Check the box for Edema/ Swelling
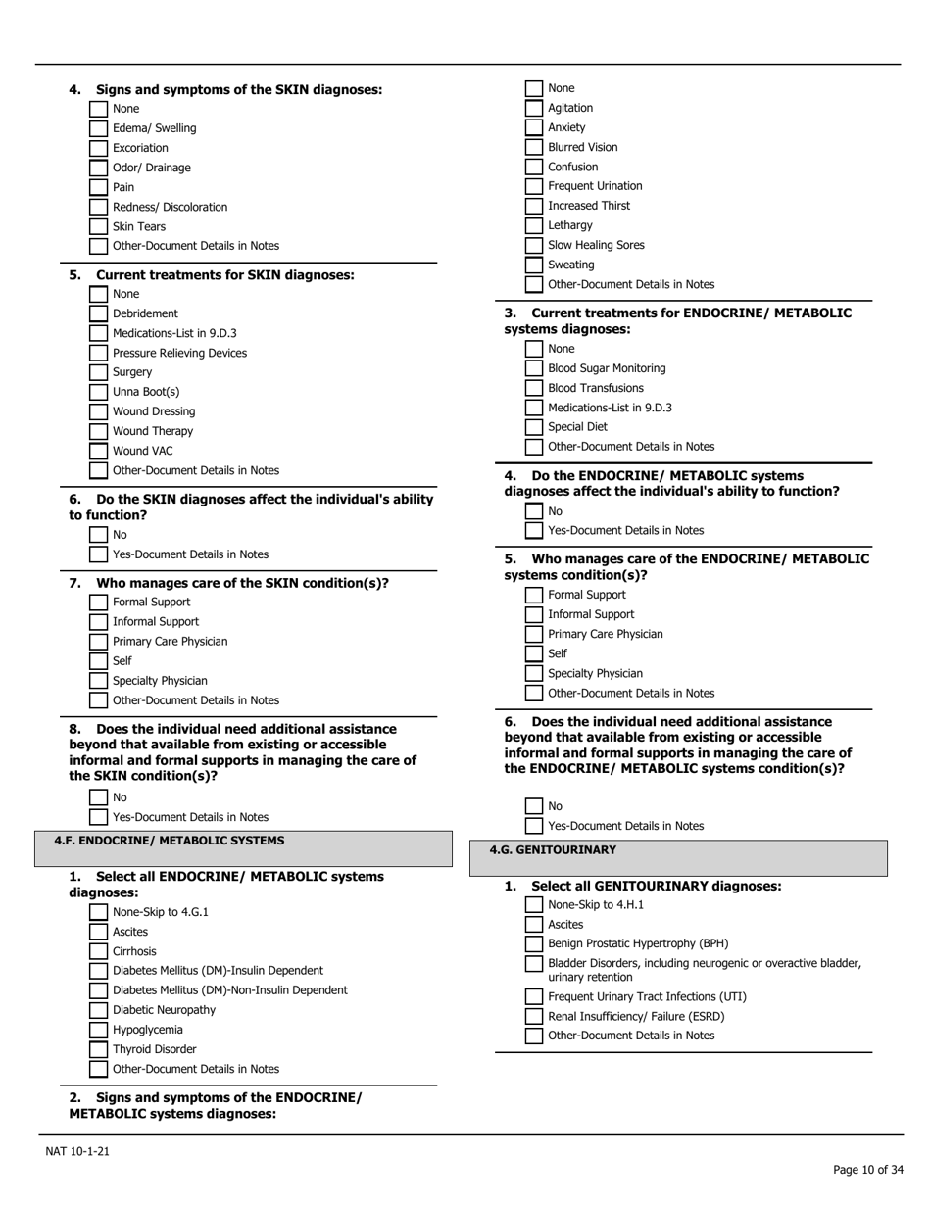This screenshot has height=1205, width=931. click(98, 128)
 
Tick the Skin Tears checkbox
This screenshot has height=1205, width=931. click(98, 226)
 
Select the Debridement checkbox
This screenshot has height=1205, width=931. click(98, 313)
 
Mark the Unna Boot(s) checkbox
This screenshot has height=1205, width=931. click(98, 392)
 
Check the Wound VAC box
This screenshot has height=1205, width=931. click(98, 451)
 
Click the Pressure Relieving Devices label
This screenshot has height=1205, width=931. click(179, 353)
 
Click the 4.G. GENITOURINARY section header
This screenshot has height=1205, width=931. click(553, 849)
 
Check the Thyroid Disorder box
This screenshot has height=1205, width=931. click(98, 1049)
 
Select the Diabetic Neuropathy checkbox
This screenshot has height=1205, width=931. click(98, 1010)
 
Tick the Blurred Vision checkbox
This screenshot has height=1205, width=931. click(533, 147)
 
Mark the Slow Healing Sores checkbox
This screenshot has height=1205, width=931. click(533, 245)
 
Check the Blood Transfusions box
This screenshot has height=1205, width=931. click(533, 388)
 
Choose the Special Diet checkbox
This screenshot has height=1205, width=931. click(533, 427)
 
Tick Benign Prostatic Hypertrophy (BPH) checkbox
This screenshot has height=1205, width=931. click(533, 943)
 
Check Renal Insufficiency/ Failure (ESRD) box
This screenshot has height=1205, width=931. click(533, 1016)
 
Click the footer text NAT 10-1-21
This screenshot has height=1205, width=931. click(77, 1151)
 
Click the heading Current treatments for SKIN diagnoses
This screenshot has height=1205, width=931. click(224, 275)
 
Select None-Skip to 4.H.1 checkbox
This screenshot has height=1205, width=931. click(533, 904)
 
